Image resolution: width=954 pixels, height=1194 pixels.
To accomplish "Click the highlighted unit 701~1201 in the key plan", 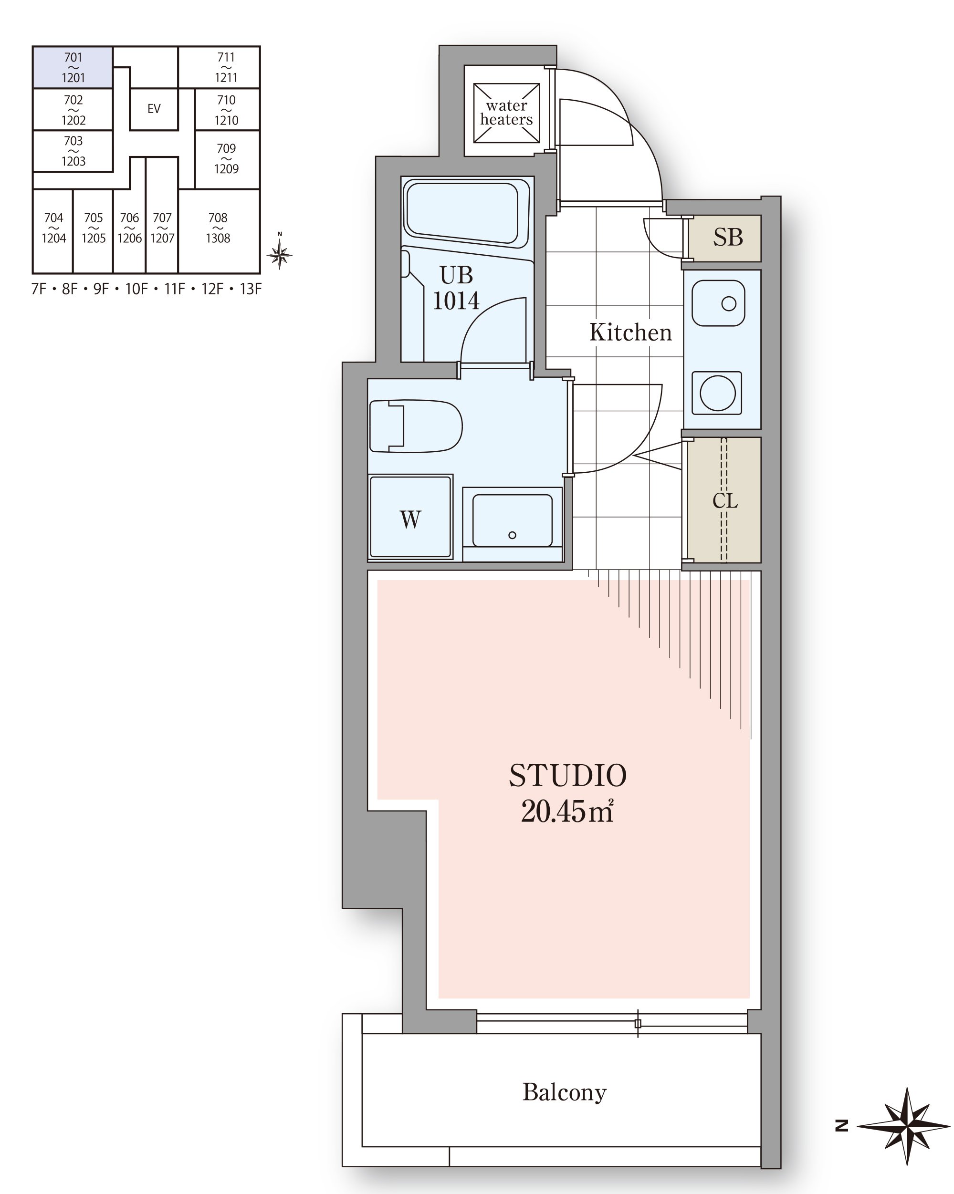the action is [73, 67].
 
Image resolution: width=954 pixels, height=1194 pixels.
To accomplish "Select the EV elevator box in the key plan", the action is [154, 109].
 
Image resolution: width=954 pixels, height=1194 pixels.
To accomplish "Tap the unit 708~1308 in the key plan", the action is [219, 231].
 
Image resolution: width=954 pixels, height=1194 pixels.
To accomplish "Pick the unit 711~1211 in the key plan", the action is [226, 67].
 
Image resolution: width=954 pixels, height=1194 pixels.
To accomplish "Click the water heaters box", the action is [506, 113].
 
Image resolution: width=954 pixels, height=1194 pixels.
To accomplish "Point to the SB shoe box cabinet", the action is [724, 238].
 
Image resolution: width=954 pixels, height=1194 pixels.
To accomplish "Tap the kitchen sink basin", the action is [719, 303].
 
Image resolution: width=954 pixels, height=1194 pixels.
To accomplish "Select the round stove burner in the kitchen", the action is [717, 393].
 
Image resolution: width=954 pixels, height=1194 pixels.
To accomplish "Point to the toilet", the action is [416, 426].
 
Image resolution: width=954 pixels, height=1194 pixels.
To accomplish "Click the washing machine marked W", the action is [410, 517].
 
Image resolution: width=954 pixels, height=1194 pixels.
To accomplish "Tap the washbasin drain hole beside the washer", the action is [513, 535].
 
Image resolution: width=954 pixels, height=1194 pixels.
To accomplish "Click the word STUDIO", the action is [568, 776].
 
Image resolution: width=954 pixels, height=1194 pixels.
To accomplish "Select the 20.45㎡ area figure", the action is [567, 812].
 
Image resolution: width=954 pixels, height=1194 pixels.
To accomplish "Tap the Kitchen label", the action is [630, 332].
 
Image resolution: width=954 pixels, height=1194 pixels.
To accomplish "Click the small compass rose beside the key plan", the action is [279, 255].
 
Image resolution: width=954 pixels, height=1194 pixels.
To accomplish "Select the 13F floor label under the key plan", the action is [251, 289].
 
